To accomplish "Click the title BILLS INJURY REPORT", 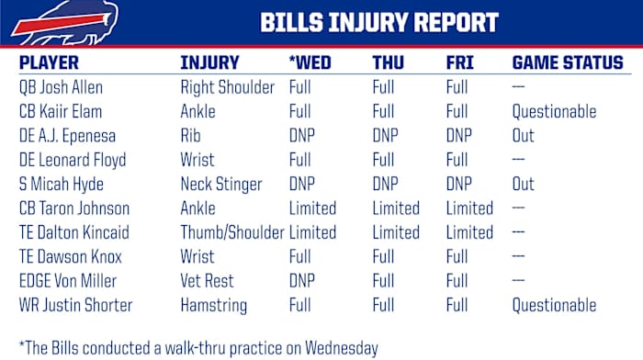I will pyautogui.click(x=378, y=23).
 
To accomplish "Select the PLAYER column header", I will pyautogui.click(x=49, y=63).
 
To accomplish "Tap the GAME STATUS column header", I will pyautogui.click(x=567, y=63).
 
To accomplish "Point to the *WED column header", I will pyautogui.click(x=311, y=63).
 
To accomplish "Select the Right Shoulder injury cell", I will pyautogui.click(x=227, y=88).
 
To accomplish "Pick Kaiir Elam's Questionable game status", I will pyautogui.click(x=553, y=112).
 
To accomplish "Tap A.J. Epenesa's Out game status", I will pyautogui.click(x=523, y=136).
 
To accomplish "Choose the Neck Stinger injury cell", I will pyautogui.click(x=222, y=185).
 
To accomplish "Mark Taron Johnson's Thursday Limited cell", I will pyautogui.click(x=396, y=208).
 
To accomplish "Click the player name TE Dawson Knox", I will pyautogui.click(x=71, y=257).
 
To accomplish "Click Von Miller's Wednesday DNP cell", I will pyautogui.click(x=304, y=281).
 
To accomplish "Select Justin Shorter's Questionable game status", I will pyautogui.click(x=553, y=305).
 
